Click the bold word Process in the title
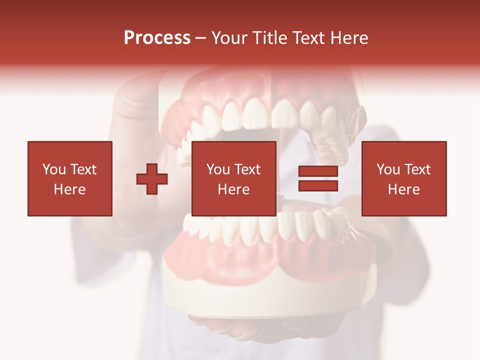157,38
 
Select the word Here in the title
349,38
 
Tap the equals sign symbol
318,179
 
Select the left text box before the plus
70,178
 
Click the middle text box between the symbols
233,178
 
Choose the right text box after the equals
403,178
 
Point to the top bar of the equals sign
318,171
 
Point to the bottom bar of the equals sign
318,186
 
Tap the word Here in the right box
403,189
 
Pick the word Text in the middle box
248,169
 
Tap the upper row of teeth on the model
260,115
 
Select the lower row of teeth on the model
260,227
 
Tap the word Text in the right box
418,169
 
